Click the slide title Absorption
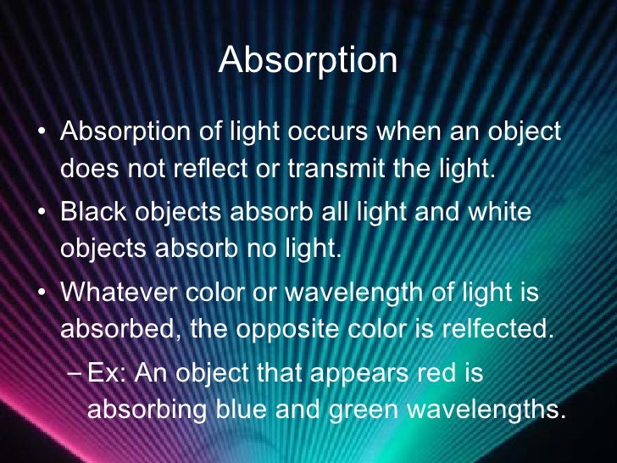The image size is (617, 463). tap(308, 61)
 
